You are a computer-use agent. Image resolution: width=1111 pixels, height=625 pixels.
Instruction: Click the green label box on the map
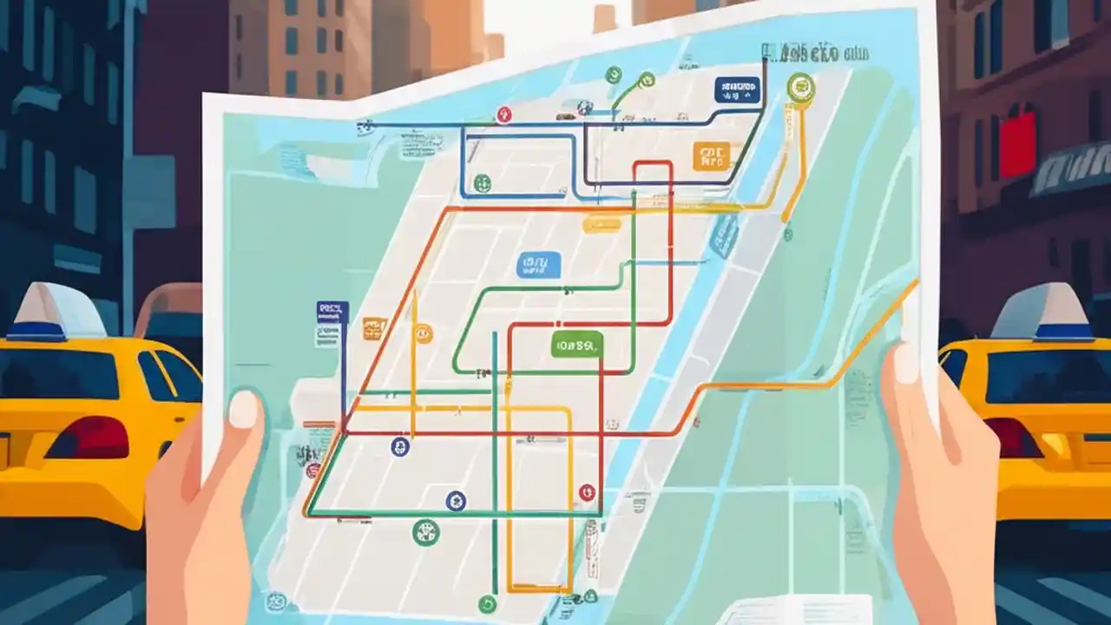point(576,344)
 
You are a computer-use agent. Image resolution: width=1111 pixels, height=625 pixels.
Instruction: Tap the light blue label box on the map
point(538,265)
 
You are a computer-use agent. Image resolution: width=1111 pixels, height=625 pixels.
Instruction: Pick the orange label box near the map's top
point(711,156)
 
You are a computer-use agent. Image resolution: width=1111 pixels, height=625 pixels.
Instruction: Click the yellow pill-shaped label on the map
point(602,225)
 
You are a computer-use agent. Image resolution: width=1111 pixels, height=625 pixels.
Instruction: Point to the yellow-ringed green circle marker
point(800,86)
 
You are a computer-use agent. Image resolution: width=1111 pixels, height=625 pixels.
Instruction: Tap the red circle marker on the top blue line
point(503,114)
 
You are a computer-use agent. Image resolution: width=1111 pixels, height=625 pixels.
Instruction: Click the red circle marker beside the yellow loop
point(587,492)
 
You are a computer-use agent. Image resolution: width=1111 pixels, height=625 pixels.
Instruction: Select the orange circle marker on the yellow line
point(423,332)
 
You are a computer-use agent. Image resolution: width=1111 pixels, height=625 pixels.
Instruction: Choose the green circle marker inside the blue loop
point(482,182)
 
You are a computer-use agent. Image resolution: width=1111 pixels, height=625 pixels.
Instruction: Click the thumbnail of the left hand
point(243,409)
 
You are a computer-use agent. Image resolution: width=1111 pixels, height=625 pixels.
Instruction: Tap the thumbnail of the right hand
point(905,363)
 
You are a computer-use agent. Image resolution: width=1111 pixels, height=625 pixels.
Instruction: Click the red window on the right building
point(1017,144)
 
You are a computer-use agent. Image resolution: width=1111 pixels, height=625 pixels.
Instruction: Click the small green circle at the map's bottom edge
point(487,604)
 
